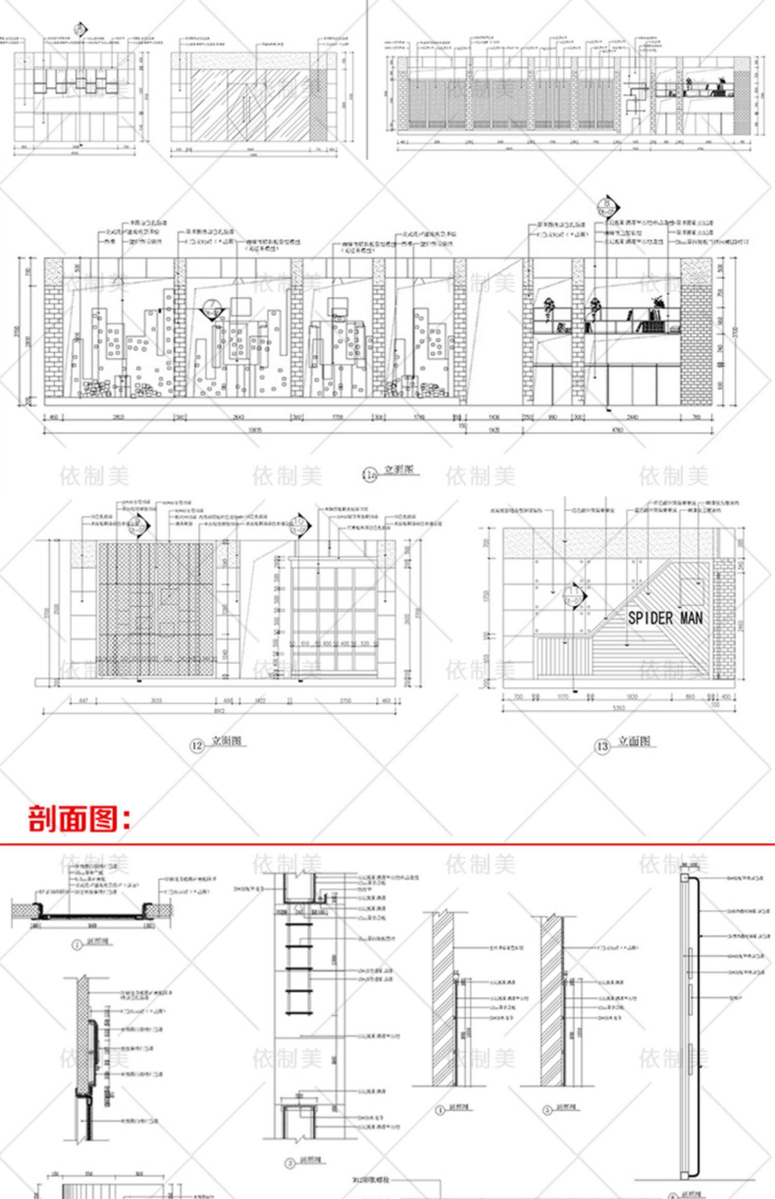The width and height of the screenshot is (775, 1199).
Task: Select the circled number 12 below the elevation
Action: tap(197, 746)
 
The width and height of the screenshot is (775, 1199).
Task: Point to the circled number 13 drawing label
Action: tap(602, 746)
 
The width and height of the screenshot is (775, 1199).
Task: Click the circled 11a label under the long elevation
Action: tap(369, 475)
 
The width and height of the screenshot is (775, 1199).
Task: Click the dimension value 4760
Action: tap(617, 430)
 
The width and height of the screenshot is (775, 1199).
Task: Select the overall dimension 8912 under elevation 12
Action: tap(220, 711)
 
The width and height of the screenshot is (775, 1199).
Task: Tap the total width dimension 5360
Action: tap(618, 708)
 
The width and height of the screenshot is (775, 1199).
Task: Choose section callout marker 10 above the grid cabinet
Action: tap(299, 526)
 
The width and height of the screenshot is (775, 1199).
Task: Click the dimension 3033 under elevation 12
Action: tap(156, 701)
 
